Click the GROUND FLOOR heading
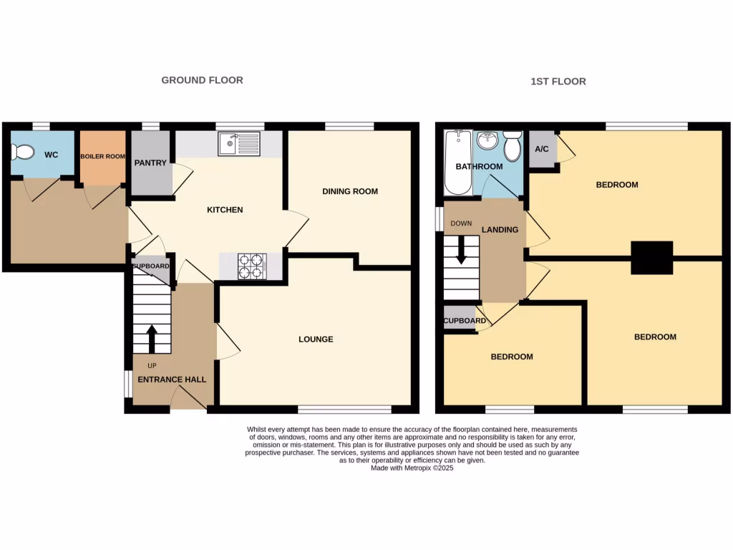(x=202, y=80)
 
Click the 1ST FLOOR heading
(x=558, y=82)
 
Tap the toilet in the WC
(x=23, y=152)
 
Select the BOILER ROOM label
(x=102, y=156)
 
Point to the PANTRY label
(x=150, y=163)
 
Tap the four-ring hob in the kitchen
(x=252, y=266)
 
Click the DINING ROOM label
(x=349, y=191)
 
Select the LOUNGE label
(x=316, y=339)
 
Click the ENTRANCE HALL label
(x=172, y=380)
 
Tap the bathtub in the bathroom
(x=457, y=163)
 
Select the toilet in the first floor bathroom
(x=512, y=146)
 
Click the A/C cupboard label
(x=542, y=150)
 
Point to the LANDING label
(x=500, y=230)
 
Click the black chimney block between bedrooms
(x=651, y=258)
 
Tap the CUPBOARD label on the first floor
(x=465, y=321)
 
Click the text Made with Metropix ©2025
(x=412, y=468)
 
